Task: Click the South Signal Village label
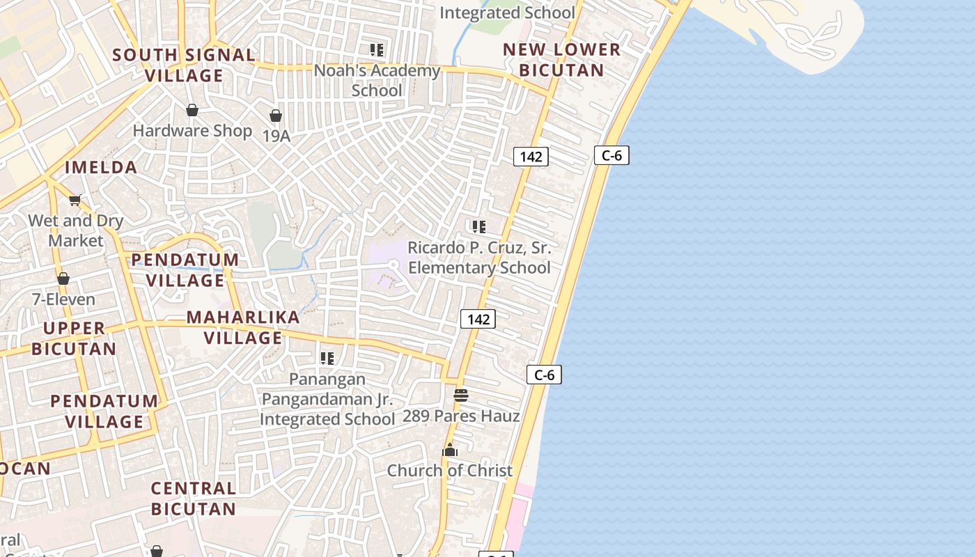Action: coord(184,65)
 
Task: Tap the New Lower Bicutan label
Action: coord(561,60)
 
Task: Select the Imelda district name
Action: coord(101,167)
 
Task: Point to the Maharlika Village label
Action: coord(243,327)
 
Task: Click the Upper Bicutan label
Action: coord(74,338)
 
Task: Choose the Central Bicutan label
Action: coord(194,499)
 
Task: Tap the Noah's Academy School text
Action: coord(377,80)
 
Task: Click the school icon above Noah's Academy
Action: coord(377,49)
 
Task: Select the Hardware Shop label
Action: coord(192,130)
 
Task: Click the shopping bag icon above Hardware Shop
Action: coord(192,110)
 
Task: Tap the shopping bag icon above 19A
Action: coord(276,116)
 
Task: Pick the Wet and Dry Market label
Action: coord(76,230)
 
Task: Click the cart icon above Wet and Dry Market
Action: coord(75,201)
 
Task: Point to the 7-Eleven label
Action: coord(63,299)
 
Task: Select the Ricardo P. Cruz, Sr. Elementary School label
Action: coord(479,258)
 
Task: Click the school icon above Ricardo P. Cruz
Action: coord(478,227)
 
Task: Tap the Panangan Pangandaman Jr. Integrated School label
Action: coord(327,399)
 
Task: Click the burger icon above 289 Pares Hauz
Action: coord(461,395)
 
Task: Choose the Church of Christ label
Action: coord(450,471)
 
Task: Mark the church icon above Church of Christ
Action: coord(450,450)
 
